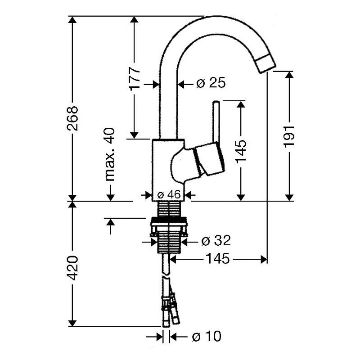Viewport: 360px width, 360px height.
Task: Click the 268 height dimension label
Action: pyautogui.click(x=73, y=118)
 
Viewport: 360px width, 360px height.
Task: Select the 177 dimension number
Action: pyautogui.click(x=134, y=78)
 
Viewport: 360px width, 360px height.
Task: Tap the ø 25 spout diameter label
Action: pyautogui.click(x=211, y=83)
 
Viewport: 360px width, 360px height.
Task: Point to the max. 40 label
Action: pyautogui.click(x=110, y=154)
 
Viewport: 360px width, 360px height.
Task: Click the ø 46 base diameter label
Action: pyautogui.click(x=169, y=195)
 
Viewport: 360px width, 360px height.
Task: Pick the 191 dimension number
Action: pyautogui.click(x=289, y=136)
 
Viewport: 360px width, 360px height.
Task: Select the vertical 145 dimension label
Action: pyautogui.click(x=241, y=151)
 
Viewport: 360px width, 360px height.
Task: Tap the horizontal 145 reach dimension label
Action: pyautogui.click(x=218, y=258)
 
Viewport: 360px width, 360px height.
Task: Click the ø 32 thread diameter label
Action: pyautogui.click(x=216, y=241)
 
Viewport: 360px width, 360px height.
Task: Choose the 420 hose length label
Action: pyautogui.click(x=73, y=268)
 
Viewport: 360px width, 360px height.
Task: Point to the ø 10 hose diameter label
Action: pyautogui.click(x=207, y=336)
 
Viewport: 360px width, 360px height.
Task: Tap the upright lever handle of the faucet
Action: pyautogui.click(x=216, y=121)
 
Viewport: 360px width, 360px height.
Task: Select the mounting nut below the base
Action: pyautogui.click(x=168, y=227)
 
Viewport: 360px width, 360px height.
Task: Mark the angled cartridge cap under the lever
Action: pyautogui.click(x=209, y=158)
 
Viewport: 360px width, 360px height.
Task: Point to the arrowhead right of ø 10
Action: pyautogui.click(x=173, y=337)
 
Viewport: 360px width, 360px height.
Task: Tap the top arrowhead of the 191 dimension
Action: pyautogui.click(x=289, y=75)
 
